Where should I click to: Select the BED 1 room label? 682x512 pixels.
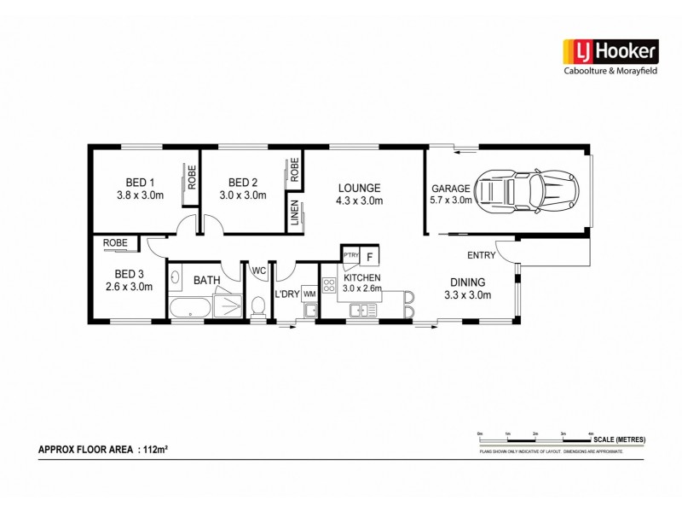point(141,182)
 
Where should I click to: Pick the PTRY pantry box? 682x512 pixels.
point(350,255)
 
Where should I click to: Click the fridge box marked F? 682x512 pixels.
point(370,255)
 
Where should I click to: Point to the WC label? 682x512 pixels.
point(258,272)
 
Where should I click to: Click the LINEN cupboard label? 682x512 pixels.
point(295,210)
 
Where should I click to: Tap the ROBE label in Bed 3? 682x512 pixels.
point(115,242)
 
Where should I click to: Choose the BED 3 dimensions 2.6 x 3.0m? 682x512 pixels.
point(133,287)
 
